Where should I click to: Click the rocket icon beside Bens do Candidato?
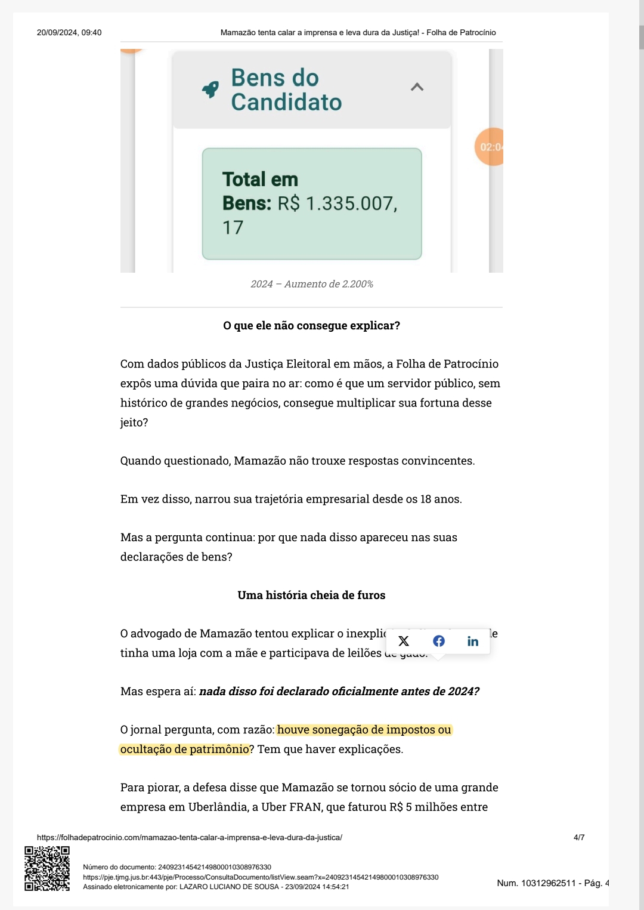point(210,90)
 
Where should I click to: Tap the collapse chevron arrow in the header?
point(417,87)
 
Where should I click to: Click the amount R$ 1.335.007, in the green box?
point(338,203)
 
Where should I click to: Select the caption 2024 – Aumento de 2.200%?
point(312,284)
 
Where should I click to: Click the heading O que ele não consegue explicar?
point(311,325)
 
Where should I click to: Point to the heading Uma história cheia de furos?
point(311,595)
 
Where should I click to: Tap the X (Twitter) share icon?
point(404,641)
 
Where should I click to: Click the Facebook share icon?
point(439,641)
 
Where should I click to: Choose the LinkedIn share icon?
point(473,641)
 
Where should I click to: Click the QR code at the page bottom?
point(47,868)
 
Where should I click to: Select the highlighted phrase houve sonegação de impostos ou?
point(364,730)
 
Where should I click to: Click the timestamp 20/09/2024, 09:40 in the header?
point(69,32)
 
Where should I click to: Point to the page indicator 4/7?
point(579,837)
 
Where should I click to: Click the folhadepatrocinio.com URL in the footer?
point(190,837)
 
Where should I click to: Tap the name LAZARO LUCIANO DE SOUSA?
point(229,887)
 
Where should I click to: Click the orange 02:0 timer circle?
point(490,147)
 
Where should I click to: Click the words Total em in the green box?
point(260,179)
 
